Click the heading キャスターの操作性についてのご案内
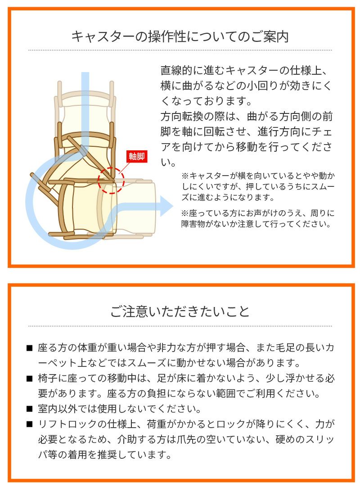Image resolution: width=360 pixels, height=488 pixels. (180, 36)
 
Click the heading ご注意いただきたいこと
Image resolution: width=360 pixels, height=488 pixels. (180, 312)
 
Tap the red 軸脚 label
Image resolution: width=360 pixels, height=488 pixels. (136, 157)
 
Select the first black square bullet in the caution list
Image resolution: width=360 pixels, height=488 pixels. (30, 348)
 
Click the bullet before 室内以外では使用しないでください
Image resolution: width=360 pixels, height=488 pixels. (30, 409)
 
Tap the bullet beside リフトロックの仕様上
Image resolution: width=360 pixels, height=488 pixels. (30, 424)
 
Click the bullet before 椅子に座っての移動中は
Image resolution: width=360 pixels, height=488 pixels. (30, 379)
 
